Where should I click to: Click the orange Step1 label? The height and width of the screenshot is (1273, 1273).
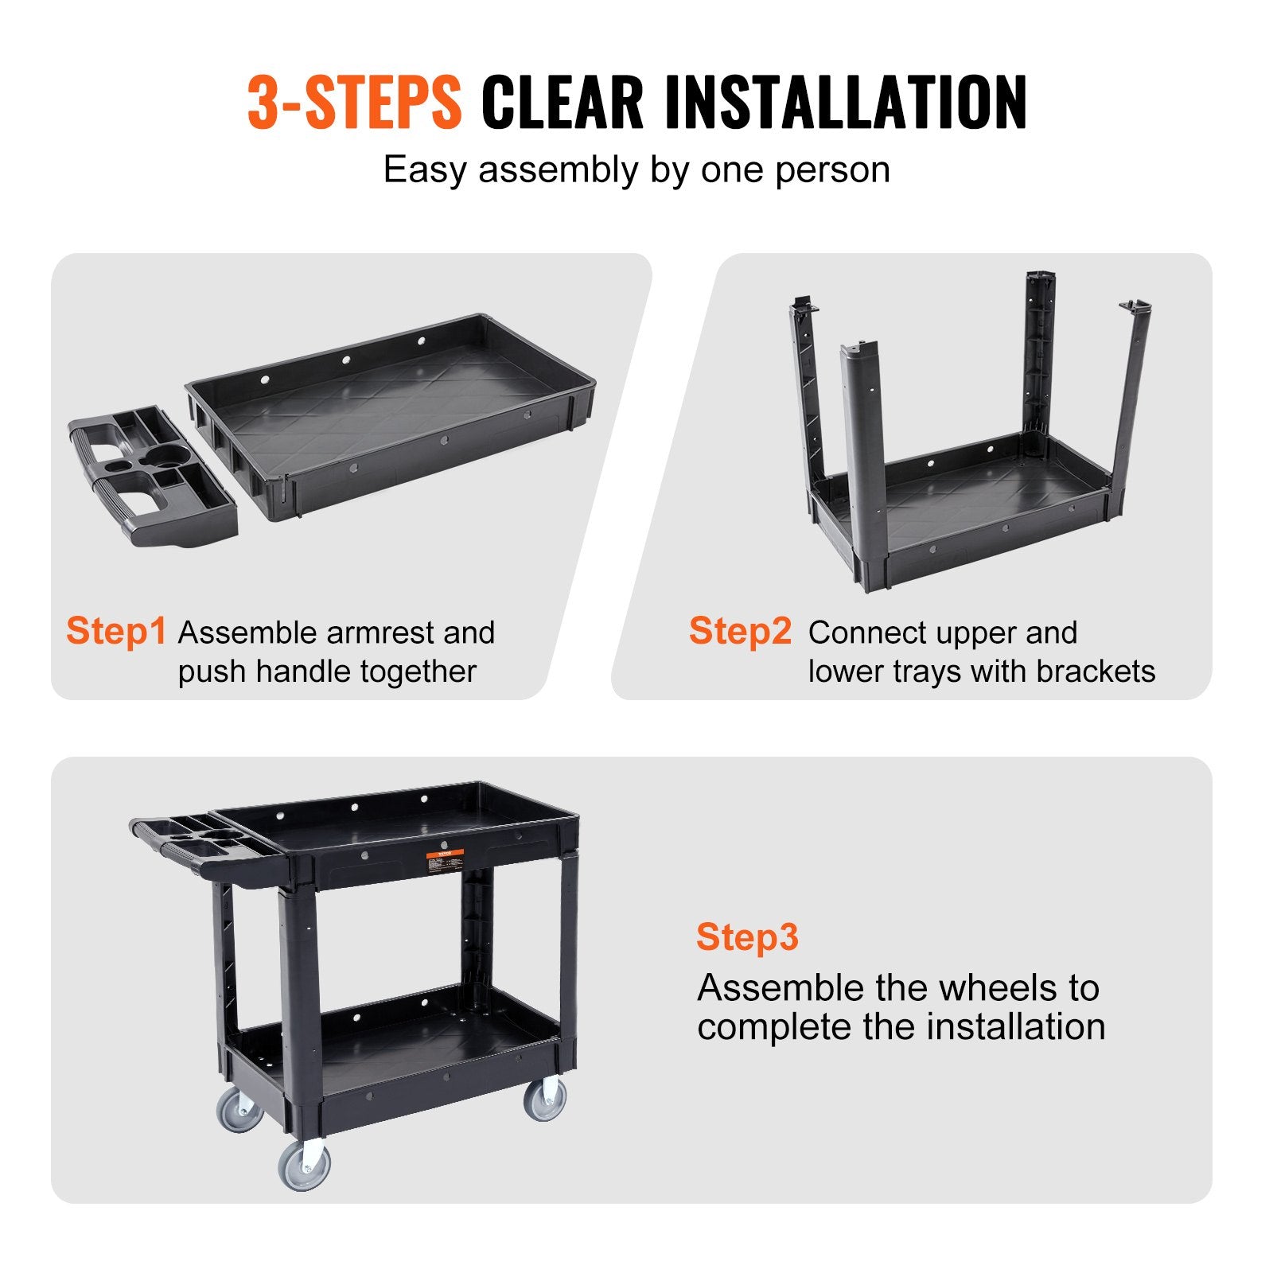pos(116,631)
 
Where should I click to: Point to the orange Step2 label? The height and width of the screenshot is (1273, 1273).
pos(740,631)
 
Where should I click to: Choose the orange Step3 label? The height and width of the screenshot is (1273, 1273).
pos(746,936)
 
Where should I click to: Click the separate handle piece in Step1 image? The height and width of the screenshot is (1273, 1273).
pos(151,477)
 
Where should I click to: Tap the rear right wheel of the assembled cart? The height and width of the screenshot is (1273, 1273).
pos(546,1100)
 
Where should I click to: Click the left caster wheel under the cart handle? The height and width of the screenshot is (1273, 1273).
pos(239,1111)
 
